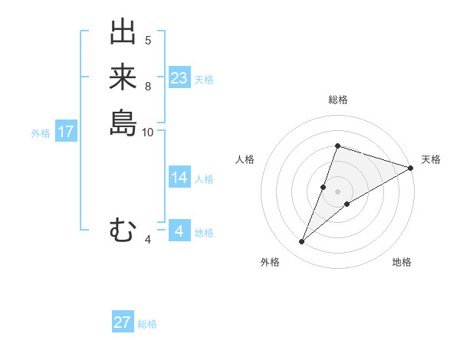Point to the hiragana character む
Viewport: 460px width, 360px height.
(123, 230)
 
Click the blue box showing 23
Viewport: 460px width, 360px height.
(179, 77)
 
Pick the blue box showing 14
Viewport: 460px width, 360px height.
(179, 178)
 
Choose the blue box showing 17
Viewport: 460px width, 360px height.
(66, 132)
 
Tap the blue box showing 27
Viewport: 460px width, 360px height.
(123, 322)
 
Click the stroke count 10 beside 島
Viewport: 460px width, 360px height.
(148, 132)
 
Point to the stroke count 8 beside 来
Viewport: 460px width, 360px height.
(148, 86)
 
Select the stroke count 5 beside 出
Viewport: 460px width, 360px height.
(148, 41)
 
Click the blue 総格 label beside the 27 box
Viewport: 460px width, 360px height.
(147, 324)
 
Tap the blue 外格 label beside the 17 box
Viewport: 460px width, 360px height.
(41, 133)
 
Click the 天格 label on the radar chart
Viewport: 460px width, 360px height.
(431, 159)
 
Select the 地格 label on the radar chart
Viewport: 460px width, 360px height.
(402, 263)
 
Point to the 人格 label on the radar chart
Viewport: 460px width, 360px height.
(245, 159)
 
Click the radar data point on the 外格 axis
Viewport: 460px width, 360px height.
(302, 242)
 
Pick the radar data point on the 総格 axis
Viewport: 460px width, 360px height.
(337, 146)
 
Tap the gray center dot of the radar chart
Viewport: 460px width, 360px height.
(337, 191)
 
